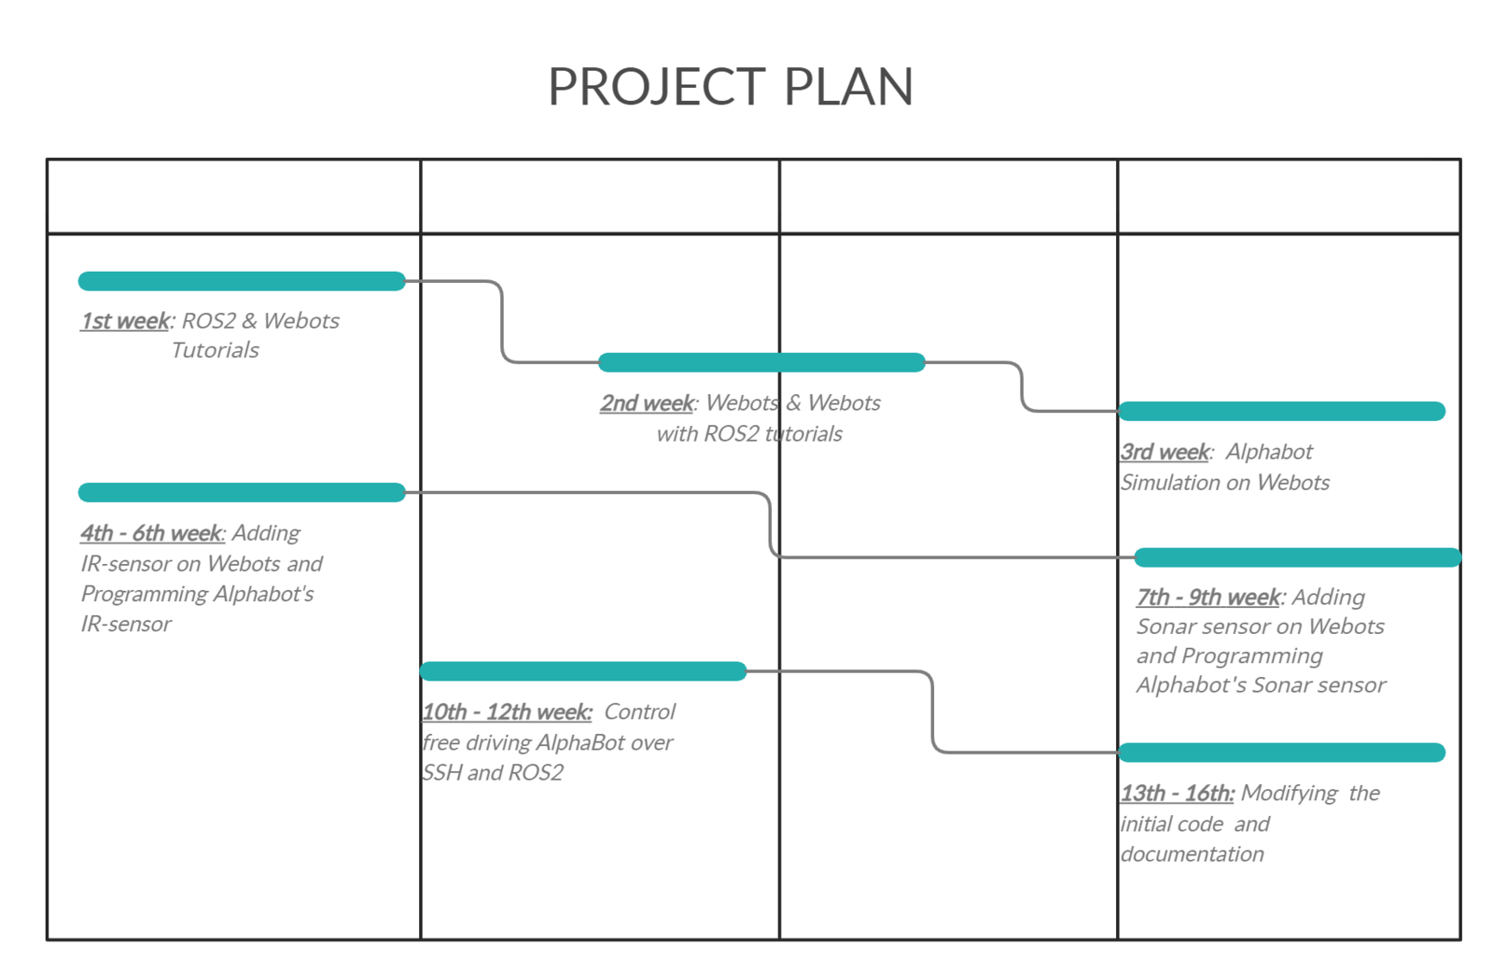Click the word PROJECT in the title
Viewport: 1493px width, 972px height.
coord(657,88)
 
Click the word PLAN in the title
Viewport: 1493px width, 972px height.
coord(848,87)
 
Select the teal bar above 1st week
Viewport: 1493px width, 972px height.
coord(242,281)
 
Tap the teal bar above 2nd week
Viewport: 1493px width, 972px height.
coord(761,362)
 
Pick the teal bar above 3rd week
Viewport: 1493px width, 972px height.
coord(1282,411)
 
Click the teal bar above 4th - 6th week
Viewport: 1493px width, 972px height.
coord(242,492)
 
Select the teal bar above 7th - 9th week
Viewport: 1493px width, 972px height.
coord(1298,557)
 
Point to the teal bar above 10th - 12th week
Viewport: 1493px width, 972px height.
coord(583,671)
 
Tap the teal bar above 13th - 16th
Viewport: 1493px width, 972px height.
coord(1282,753)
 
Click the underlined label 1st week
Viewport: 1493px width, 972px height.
coord(125,321)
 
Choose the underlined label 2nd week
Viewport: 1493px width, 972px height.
coord(648,403)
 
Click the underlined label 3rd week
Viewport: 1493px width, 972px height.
coord(1165,452)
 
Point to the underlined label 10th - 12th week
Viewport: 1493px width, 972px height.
coord(508,711)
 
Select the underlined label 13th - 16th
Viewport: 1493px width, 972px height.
coord(1177,794)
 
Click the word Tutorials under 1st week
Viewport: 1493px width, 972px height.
coord(215,350)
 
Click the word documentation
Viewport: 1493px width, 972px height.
coord(1192,854)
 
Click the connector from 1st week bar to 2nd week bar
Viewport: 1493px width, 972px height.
coord(502,321)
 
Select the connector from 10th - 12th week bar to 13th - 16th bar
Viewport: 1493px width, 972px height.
coord(932,711)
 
